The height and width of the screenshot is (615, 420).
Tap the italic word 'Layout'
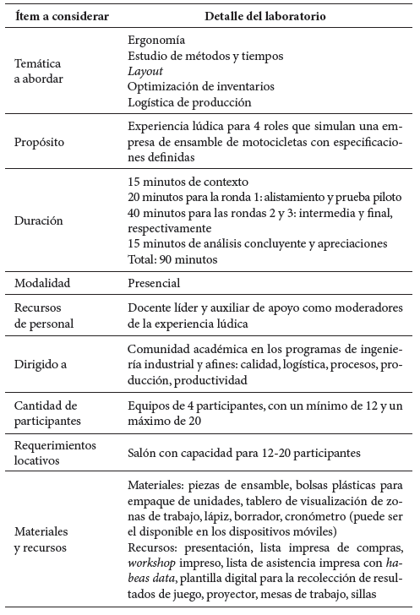(x=145, y=71)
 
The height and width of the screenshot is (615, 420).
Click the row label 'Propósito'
(x=42, y=141)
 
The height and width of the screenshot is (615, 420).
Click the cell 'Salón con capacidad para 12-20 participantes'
(x=244, y=453)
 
